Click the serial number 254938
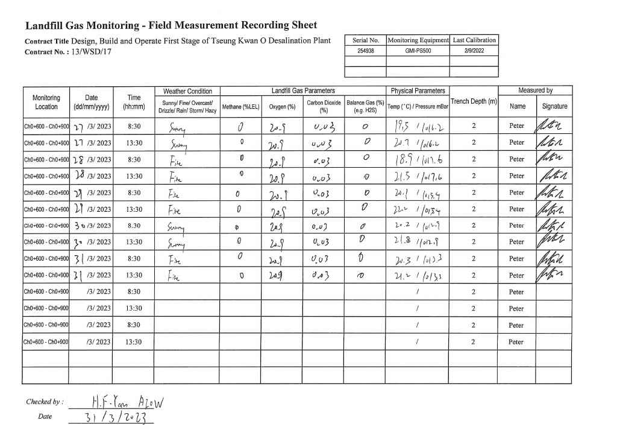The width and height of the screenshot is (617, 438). tap(366, 51)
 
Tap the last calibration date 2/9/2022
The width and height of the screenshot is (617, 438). tap(474, 51)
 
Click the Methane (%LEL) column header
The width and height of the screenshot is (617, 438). tap(240, 107)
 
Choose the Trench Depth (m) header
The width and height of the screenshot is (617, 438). tap(474, 102)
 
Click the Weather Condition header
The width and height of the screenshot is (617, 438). tap(187, 91)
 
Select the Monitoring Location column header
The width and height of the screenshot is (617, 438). tap(46, 103)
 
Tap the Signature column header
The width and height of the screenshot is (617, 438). tap(554, 107)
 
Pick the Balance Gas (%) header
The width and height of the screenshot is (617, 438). tap(365, 106)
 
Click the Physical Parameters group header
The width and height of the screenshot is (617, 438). tap(418, 91)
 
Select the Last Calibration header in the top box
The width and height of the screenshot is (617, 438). tap(474, 40)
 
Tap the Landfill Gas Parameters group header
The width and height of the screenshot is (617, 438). tap(303, 91)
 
